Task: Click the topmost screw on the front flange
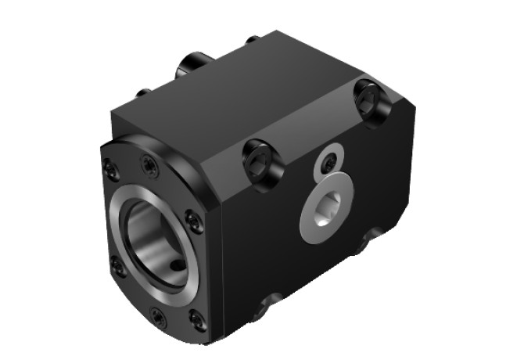[x=148, y=164]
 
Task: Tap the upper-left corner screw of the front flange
[x=111, y=167]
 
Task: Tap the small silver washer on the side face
[x=329, y=163]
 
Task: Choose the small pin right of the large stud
[x=252, y=39]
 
